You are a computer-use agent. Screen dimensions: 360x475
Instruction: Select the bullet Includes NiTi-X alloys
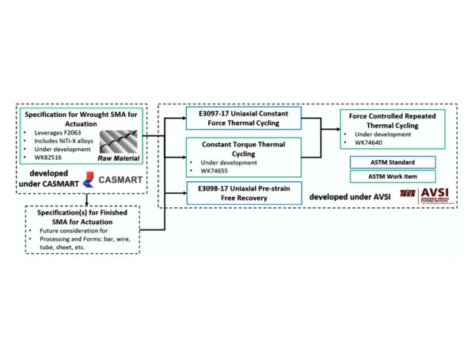pyautogui.click(x=64, y=138)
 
